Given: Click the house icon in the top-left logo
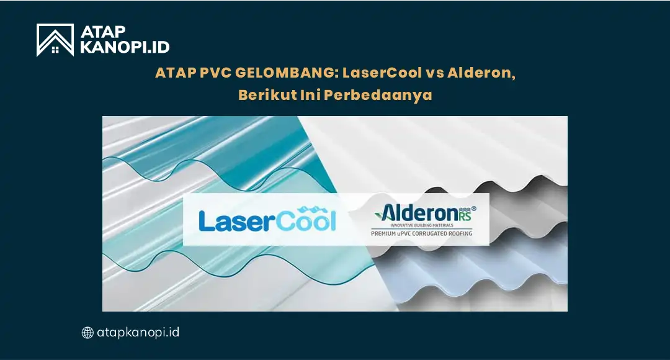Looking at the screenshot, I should [55, 40].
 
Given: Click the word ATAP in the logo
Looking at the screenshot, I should [102, 31].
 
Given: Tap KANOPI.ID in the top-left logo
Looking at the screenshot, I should [123, 47].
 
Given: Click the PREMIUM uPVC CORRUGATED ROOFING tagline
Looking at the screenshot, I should [421, 234].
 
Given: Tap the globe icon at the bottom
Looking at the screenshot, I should [87, 333].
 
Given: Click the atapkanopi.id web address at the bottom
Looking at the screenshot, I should [138, 332].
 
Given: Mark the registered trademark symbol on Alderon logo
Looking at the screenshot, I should [475, 207].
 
